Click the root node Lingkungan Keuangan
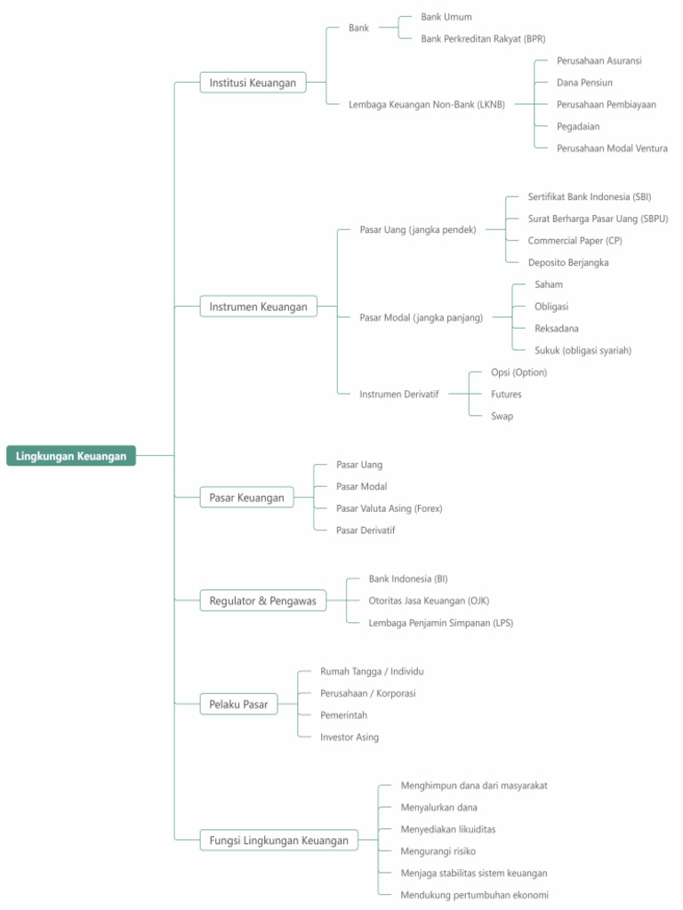[x=71, y=456]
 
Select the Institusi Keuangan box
[x=253, y=83]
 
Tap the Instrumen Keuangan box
[x=258, y=307]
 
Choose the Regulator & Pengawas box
[x=262, y=601]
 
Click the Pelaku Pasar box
[x=238, y=705]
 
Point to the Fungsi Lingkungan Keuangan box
[x=278, y=840]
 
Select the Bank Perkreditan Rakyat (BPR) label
[x=483, y=39]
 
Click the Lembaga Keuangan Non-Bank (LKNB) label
[x=426, y=105]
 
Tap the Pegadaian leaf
[x=578, y=126]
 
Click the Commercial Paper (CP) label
[x=575, y=241]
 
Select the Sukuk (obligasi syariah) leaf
[x=583, y=350]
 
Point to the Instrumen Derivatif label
[x=398, y=394]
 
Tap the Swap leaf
[x=502, y=416]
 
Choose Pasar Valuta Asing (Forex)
[x=389, y=508]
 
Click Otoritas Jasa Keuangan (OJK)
[x=429, y=601]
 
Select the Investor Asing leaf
[x=349, y=737]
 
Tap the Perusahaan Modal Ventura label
[x=612, y=148]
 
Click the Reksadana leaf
[x=556, y=329]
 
